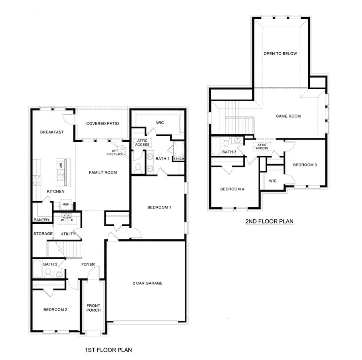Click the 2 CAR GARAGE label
pos(148,283)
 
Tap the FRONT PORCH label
pos(93,308)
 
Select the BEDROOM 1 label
pos(159,207)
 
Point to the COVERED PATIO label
pos(103,123)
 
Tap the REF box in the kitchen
pos(66,205)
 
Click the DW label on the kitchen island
pos(61,166)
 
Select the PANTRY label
pos(42,220)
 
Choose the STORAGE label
pos(43,233)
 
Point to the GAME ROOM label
pos(288,116)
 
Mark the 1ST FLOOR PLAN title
pos(109,350)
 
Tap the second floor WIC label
pos(273,181)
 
